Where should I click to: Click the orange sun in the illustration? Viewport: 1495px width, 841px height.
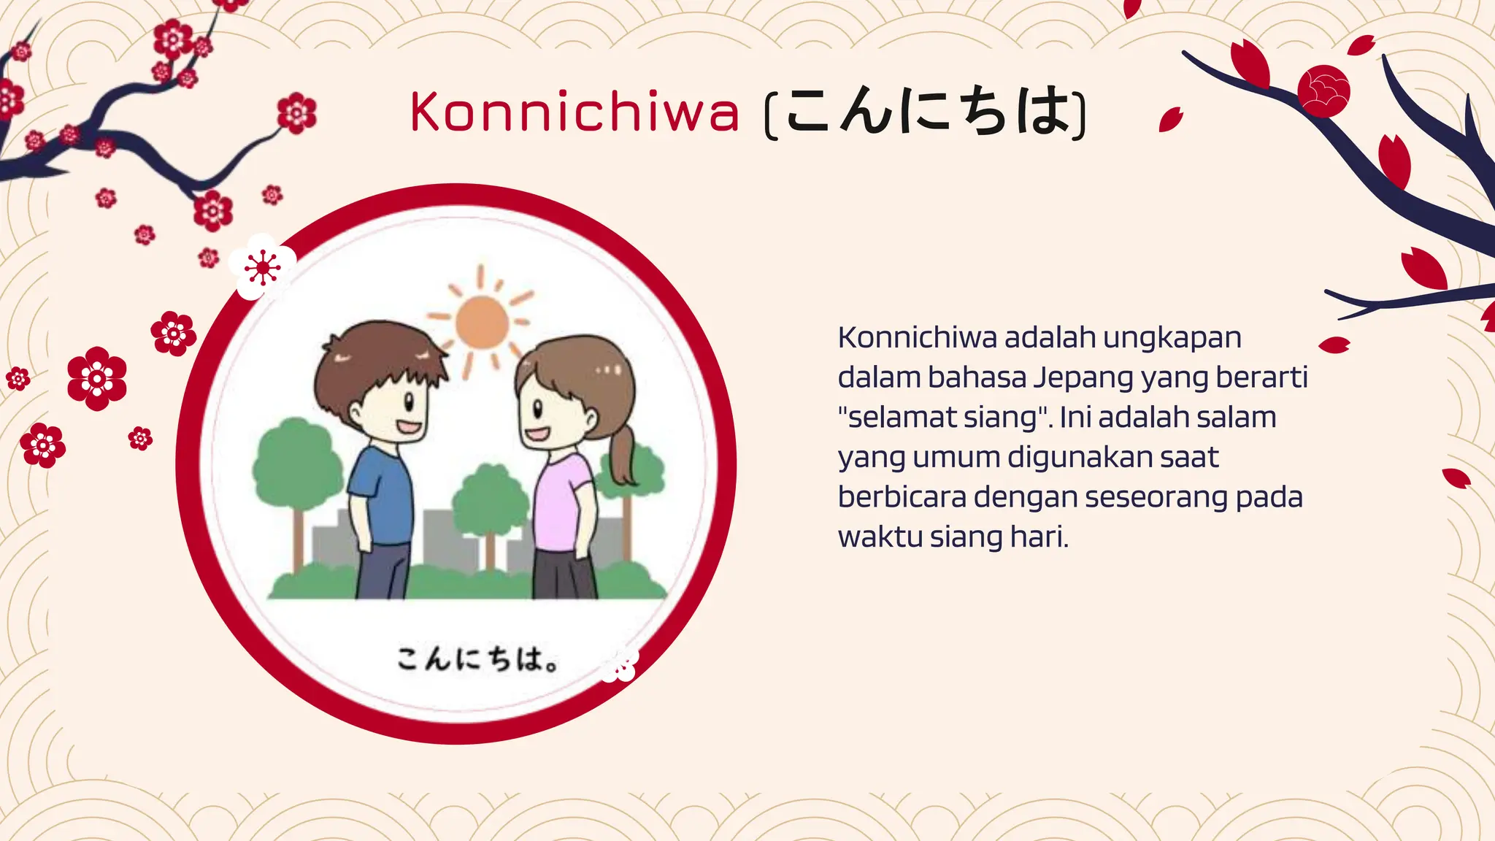click(482, 321)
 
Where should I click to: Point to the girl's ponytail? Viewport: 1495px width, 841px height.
click(622, 456)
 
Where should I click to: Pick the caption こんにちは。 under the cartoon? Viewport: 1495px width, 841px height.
click(478, 658)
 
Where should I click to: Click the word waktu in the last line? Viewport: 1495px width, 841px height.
click(880, 537)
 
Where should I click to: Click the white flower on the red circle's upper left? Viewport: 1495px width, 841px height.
click(262, 267)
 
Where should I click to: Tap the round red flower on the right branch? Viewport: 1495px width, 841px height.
click(1323, 91)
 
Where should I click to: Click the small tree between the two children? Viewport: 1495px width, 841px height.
click(490, 504)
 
